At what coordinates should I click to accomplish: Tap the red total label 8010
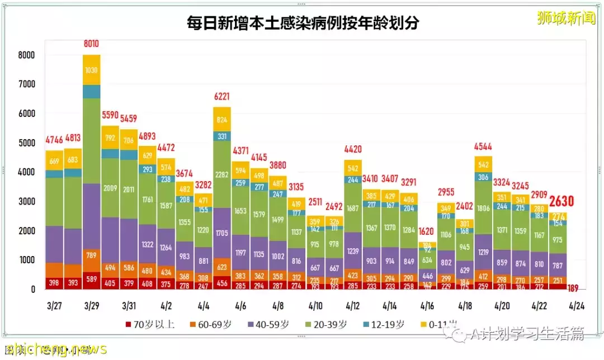pyautogui.click(x=91, y=44)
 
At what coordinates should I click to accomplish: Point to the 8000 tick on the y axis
pyautogui.click(x=26, y=55)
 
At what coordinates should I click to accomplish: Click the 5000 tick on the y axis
pyautogui.click(x=26, y=143)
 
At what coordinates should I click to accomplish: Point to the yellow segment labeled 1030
pyautogui.click(x=91, y=70)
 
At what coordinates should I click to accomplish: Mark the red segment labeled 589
pyautogui.click(x=91, y=280)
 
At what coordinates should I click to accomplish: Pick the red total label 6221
pyautogui.click(x=221, y=96)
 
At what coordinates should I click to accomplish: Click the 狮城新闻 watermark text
pyautogui.click(x=565, y=18)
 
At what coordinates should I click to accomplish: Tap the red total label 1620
pyautogui.click(x=427, y=231)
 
